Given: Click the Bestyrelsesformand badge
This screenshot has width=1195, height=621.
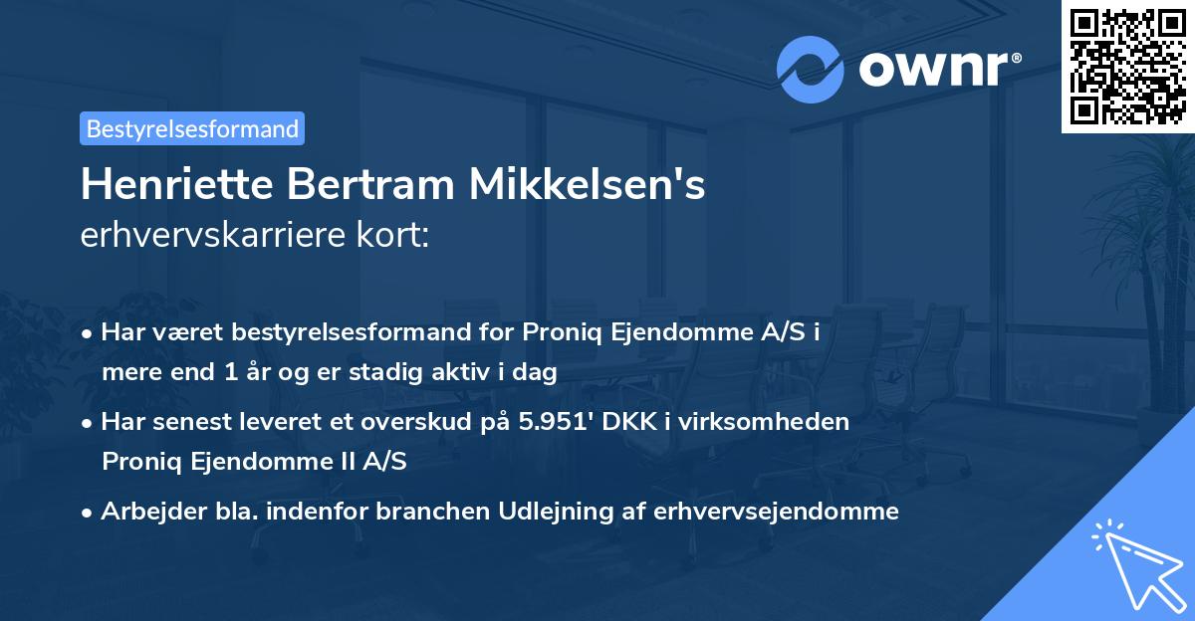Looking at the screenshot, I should point(191,128).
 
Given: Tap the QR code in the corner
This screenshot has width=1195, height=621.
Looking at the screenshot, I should point(1127,66).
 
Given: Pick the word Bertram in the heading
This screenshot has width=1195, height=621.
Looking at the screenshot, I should point(357,185).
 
